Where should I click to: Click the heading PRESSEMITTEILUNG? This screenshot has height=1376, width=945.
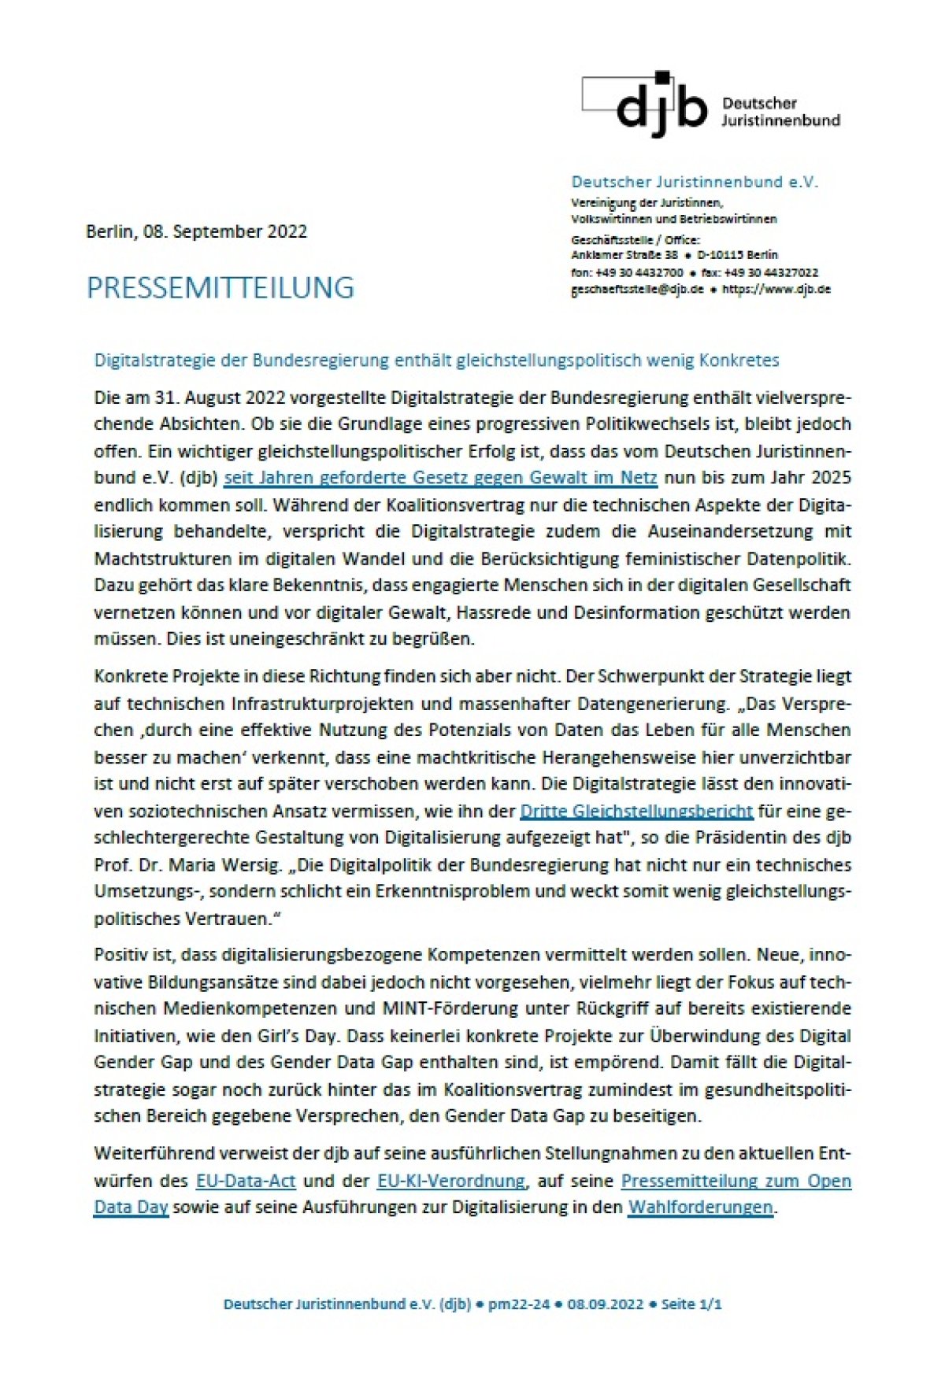220,288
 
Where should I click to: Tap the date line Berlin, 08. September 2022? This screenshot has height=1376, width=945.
196,232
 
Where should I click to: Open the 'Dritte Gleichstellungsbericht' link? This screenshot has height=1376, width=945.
636,811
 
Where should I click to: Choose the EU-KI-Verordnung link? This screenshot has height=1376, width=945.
450,1181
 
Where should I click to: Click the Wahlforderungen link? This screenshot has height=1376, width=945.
700,1207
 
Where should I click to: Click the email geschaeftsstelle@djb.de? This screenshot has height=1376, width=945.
637,289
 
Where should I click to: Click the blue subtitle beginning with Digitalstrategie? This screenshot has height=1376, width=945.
436,361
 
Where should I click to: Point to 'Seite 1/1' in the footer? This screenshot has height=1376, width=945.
691,1304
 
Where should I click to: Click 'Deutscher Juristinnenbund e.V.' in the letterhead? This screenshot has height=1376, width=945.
695,183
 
